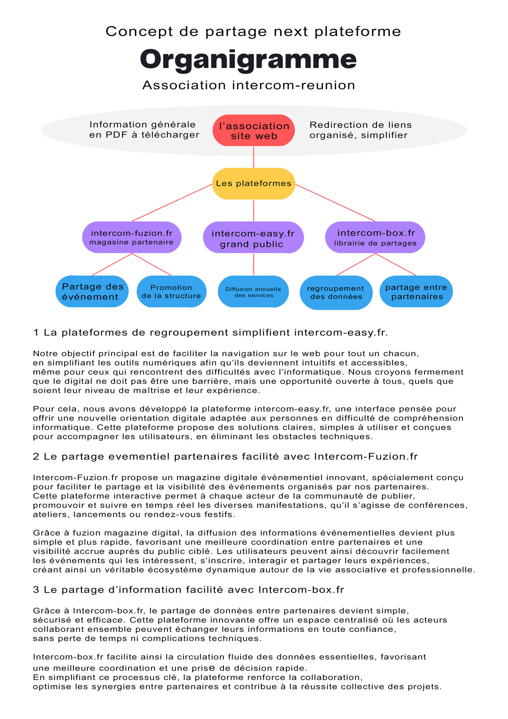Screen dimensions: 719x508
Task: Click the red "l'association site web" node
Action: click(x=254, y=131)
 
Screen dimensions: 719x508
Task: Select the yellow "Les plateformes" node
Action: click(x=254, y=184)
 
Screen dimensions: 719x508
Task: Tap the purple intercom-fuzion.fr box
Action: click(x=132, y=237)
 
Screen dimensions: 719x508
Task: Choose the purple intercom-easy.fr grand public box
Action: click(x=253, y=238)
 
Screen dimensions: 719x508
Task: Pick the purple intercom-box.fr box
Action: click(x=375, y=238)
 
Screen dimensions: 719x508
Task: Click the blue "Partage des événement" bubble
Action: click(x=92, y=292)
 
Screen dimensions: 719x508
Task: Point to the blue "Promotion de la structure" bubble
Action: click(x=172, y=292)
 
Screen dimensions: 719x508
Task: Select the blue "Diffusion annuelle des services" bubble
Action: click(x=253, y=292)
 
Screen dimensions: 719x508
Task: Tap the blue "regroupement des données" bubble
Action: click(x=336, y=292)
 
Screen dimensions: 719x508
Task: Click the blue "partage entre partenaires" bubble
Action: click(x=416, y=292)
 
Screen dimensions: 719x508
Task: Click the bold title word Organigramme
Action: click(x=248, y=60)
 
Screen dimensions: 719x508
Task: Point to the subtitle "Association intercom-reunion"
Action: click(x=249, y=85)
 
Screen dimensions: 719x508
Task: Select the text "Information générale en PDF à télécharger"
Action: click(x=144, y=130)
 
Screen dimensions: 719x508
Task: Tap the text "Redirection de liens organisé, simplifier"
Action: click(x=360, y=130)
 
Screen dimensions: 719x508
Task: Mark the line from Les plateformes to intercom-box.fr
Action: click(x=335, y=203)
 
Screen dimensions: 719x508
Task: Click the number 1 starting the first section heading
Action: click(x=36, y=333)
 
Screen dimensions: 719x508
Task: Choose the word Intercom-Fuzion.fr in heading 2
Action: click(x=366, y=457)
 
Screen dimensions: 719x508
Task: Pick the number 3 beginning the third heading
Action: click(x=36, y=590)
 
